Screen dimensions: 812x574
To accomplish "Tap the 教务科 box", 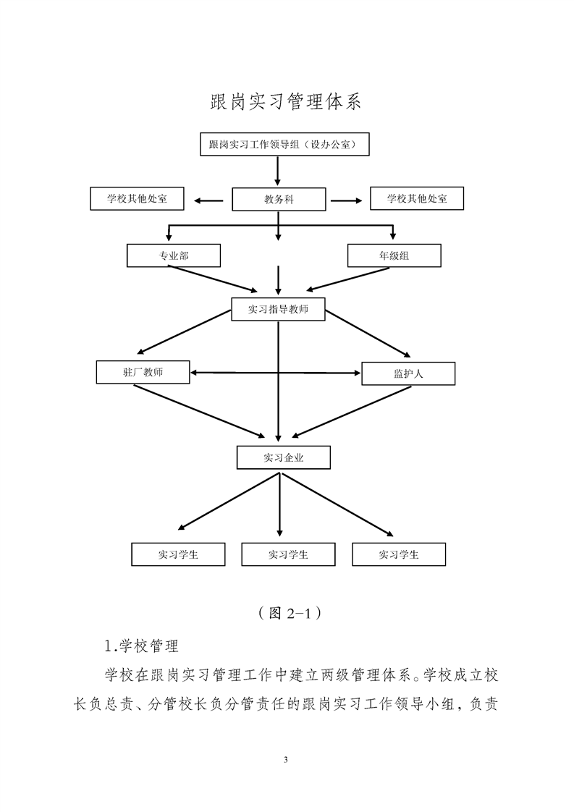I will pyautogui.click(x=279, y=199).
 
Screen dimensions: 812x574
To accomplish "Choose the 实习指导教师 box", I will pyautogui.click(x=278, y=309).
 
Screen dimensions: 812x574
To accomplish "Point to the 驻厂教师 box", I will pyautogui.click(x=143, y=372).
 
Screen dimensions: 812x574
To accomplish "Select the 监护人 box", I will pyautogui.click(x=408, y=373).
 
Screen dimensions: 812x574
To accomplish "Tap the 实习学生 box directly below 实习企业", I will pyautogui.click(x=288, y=554).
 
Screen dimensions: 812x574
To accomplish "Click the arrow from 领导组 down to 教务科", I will pyautogui.click(x=278, y=171).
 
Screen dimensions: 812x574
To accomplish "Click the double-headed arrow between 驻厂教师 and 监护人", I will pyautogui.click(x=276, y=373).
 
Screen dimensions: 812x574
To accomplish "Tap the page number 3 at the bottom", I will pyautogui.click(x=287, y=760).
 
